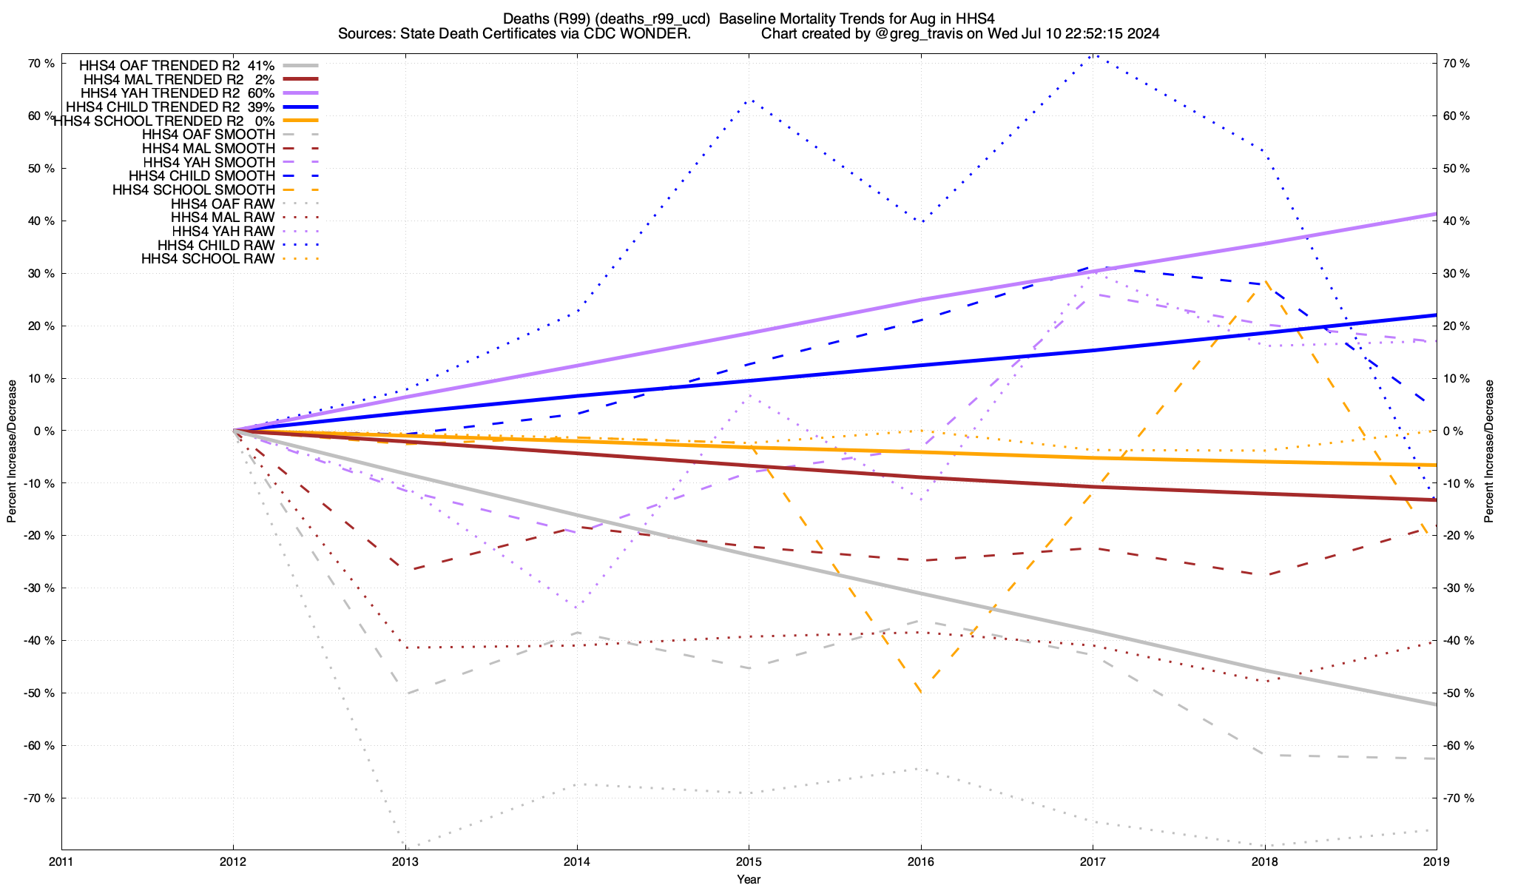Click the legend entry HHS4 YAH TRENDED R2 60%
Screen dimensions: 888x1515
click(178, 93)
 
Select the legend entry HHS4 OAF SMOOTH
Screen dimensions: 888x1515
click(208, 135)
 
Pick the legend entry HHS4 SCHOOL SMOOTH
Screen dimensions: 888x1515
click(193, 190)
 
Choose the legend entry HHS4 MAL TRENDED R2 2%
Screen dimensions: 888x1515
click(179, 79)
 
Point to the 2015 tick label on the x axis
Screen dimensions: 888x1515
click(749, 862)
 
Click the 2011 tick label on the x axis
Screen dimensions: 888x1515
click(61, 862)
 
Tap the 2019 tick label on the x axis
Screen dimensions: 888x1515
click(1436, 862)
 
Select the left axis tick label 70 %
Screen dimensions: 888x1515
click(41, 64)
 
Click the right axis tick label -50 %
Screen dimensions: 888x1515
click(1458, 693)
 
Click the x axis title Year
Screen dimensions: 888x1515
click(749, 879)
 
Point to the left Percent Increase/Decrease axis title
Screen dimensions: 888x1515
click(12, 451)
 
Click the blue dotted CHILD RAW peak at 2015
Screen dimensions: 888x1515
click(750, 99)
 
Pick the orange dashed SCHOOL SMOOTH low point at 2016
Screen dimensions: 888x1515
click(920, 693)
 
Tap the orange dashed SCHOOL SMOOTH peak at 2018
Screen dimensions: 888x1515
click(1265, 281)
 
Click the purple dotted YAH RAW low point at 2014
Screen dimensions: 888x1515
click(576, 608)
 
